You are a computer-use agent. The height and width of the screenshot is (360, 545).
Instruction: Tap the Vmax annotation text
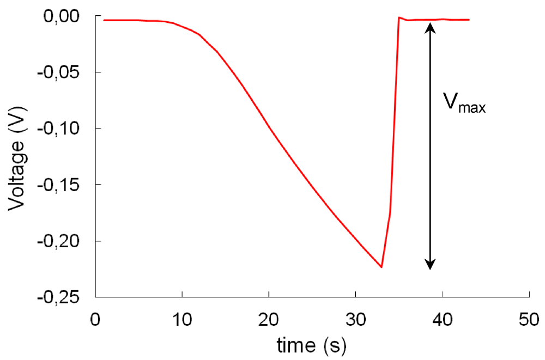coord(465,103)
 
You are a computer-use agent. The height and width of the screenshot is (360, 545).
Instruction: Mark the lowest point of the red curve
coord(381,267)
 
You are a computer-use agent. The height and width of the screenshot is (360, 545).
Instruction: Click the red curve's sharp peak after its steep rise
coord(399,17)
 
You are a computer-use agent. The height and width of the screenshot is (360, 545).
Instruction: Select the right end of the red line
coord(469,20)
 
